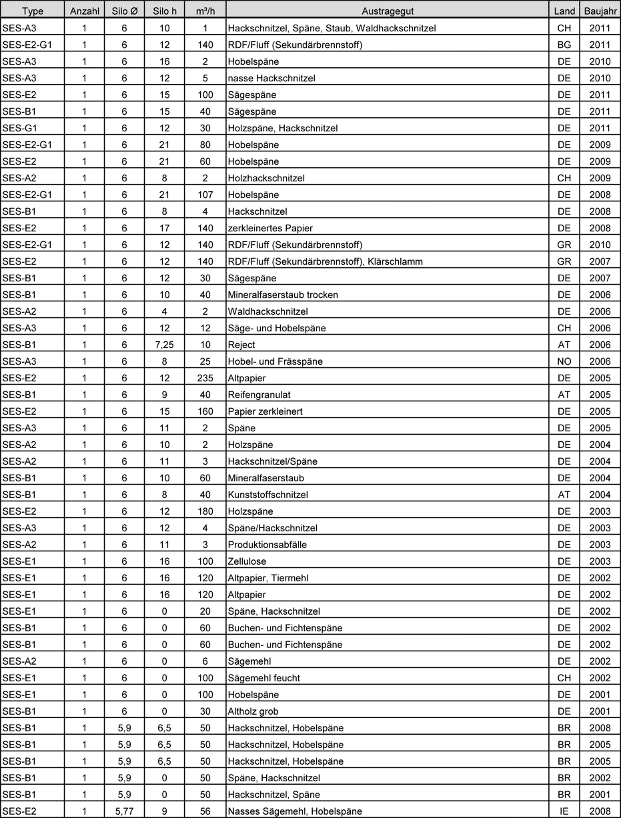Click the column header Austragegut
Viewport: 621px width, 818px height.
click(x=387, y=11)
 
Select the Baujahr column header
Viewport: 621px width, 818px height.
click(x=600, y=11)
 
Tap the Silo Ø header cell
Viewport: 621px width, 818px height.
click(x=124, y=11)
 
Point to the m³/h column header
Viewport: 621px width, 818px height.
click(x=205, y=11)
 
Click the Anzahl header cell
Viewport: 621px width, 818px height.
click(x=84, y=11)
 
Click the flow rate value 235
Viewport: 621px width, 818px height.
click(x=205, y=378)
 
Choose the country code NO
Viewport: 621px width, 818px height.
click(x=564, y=361)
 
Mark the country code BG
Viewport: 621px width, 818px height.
click(x=564, y=45)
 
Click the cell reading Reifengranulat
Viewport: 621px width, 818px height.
click(x=259, y=395)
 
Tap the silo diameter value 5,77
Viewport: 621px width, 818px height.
click(x=124, y=811)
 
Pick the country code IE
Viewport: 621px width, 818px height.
click(x=564, y=811)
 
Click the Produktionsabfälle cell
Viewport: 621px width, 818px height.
click(x=267, y=545)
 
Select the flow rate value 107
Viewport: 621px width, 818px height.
click(x=205, y=195)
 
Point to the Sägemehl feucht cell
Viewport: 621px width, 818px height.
click(x=264, y=678)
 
